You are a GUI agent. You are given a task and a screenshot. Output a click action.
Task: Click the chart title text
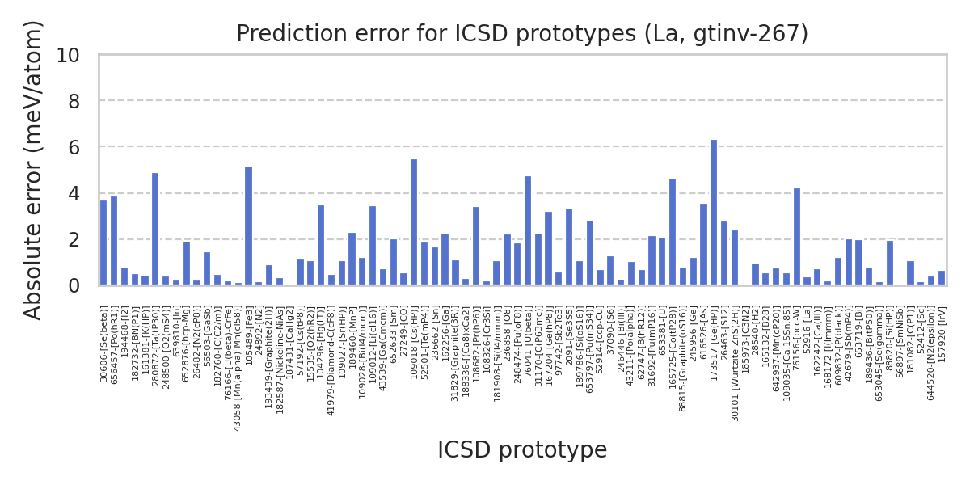click(522, 34)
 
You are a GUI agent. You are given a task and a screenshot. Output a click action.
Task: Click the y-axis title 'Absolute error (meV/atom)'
click(33, 170)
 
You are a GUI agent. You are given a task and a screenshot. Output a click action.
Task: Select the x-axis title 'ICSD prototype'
click(522, 450)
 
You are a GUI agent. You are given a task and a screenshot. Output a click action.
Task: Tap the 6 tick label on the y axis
click(74, 147)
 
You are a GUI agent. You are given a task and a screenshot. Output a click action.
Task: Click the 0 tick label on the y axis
click(74, 285)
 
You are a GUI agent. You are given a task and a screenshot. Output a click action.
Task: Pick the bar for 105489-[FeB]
click(248, 226)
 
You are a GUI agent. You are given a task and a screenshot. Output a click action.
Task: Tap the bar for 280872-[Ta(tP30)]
click(155, 230)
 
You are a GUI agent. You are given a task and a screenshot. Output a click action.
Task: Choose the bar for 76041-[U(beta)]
click(528, 231)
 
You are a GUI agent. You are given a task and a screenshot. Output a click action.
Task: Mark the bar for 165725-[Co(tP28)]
click(673, 232)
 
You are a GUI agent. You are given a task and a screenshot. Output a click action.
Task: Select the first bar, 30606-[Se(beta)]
click(103, 243)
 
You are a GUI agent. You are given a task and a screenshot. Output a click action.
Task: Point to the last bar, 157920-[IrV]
click(942, 278)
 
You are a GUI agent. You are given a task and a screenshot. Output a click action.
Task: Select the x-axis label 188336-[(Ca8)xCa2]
click(466, 348)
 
